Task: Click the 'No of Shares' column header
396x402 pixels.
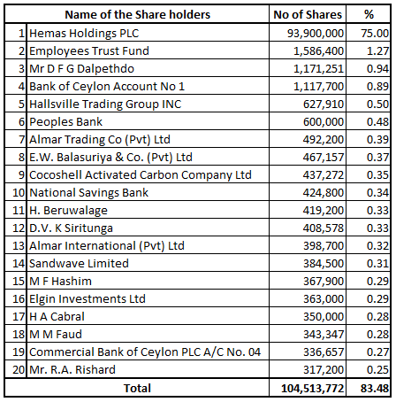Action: coord(308,14)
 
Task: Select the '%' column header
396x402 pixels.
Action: coord(369,14)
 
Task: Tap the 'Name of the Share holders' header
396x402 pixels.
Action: coord(137,14)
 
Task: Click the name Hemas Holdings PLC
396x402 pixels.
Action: coord(84,33)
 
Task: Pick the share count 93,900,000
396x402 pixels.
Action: coord(316,34)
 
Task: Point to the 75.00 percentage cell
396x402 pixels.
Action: coord(375,34)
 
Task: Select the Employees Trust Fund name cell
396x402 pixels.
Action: coord(89,51)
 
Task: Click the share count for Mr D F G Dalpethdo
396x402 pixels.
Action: coord(318,69)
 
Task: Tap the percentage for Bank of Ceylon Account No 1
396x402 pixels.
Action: coord(377,87)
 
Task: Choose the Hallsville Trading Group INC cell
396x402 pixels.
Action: coord(105,104)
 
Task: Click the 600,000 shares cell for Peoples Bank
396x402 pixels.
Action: coord(324,122)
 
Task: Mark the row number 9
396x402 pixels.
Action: coord(21,175)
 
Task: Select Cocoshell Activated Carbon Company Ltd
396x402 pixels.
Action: coord(141,175)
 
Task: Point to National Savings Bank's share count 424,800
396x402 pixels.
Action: coord(324,193)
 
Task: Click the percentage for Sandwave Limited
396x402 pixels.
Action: coord(377,264)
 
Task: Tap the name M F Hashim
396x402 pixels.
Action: coord(60,281)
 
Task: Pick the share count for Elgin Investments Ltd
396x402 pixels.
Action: coord(324,299)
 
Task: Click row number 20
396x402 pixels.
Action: coord(19,370)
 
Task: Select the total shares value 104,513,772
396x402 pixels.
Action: coord(313,389)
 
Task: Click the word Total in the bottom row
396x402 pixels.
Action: coord(137,388)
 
